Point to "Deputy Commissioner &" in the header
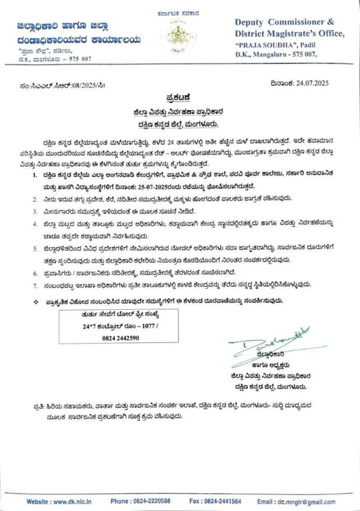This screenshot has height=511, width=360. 284,22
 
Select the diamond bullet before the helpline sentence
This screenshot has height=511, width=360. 35,300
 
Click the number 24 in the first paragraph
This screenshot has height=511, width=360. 175,141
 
